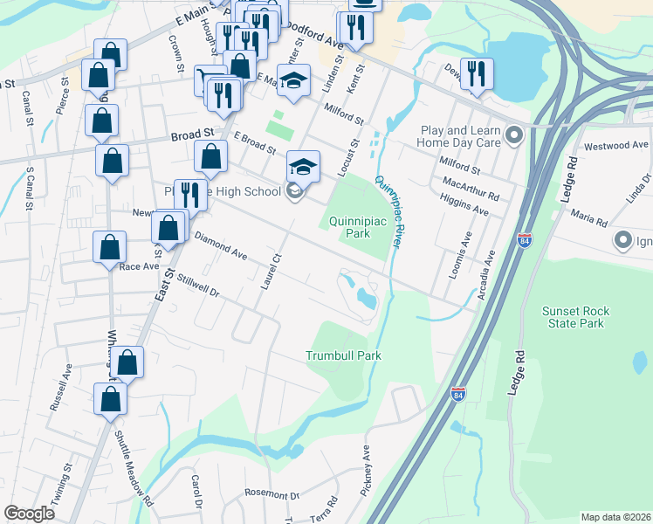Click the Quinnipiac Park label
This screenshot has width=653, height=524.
pos(357,227)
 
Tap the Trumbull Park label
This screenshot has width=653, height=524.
pos(344,355)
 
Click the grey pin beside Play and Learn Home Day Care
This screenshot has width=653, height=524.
pos(514,134)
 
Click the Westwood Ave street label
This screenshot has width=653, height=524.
pos(617,145)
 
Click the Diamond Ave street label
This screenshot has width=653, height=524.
pos(220,245)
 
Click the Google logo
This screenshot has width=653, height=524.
pos(30,514)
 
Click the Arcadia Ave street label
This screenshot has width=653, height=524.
pos(485,275)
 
